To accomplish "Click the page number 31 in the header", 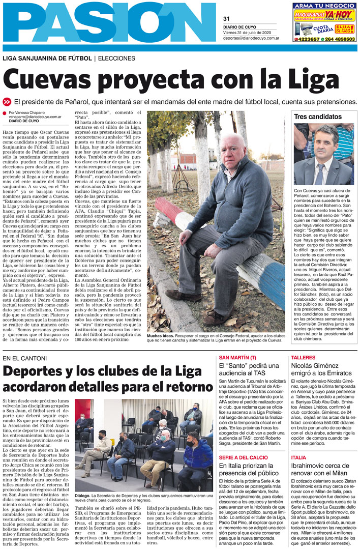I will tap(226, 19).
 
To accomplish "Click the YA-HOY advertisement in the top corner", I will tap(324, 22).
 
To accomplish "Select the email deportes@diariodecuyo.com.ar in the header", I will tap(251, 38).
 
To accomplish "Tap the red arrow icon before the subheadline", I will tap(7, 101).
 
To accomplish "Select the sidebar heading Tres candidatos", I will tap(318, 117).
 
